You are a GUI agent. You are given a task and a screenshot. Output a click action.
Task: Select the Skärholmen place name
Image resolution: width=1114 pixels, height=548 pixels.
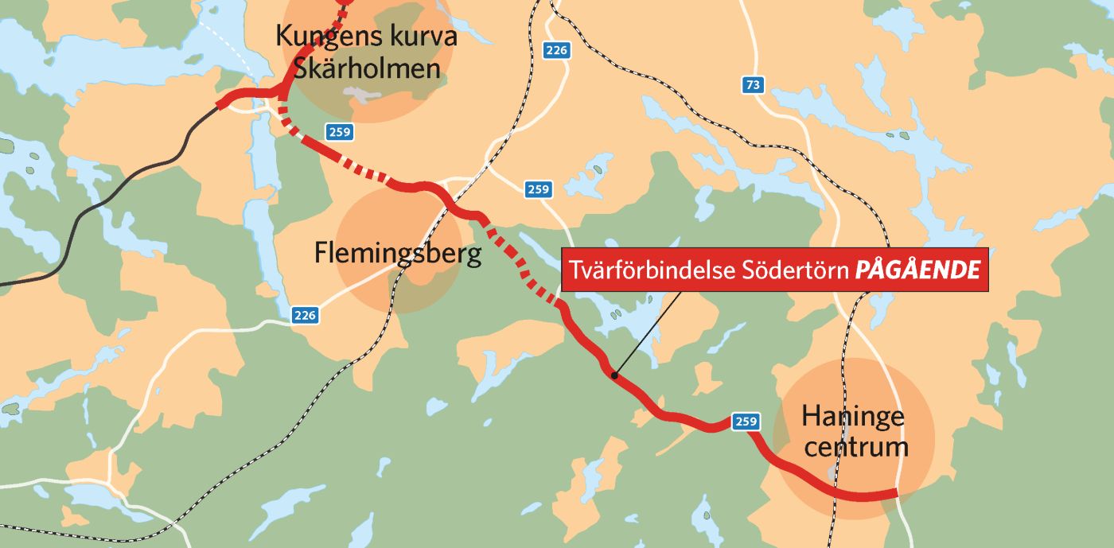coord(367,68)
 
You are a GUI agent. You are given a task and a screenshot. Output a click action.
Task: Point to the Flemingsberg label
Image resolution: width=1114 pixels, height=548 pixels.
coord(398,254)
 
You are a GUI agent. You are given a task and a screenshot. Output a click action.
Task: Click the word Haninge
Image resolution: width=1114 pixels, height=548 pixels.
coord(853,415)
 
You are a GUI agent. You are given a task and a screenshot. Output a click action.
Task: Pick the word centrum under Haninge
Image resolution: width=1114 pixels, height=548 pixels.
coord(855,446)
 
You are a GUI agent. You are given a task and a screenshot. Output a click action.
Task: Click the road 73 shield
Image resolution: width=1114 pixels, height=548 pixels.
coord(753,85)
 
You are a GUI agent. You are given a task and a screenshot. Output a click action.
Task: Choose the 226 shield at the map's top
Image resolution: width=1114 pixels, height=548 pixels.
coord(556,50)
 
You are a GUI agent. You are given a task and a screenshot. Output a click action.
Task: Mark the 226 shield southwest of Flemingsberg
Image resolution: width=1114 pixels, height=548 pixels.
coord(304,315)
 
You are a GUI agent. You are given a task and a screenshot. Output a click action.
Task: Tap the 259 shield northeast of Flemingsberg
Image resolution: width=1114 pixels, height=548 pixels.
coord(538,189)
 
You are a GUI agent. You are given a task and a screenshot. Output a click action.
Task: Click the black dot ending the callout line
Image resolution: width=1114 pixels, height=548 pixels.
coord(613,375)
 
